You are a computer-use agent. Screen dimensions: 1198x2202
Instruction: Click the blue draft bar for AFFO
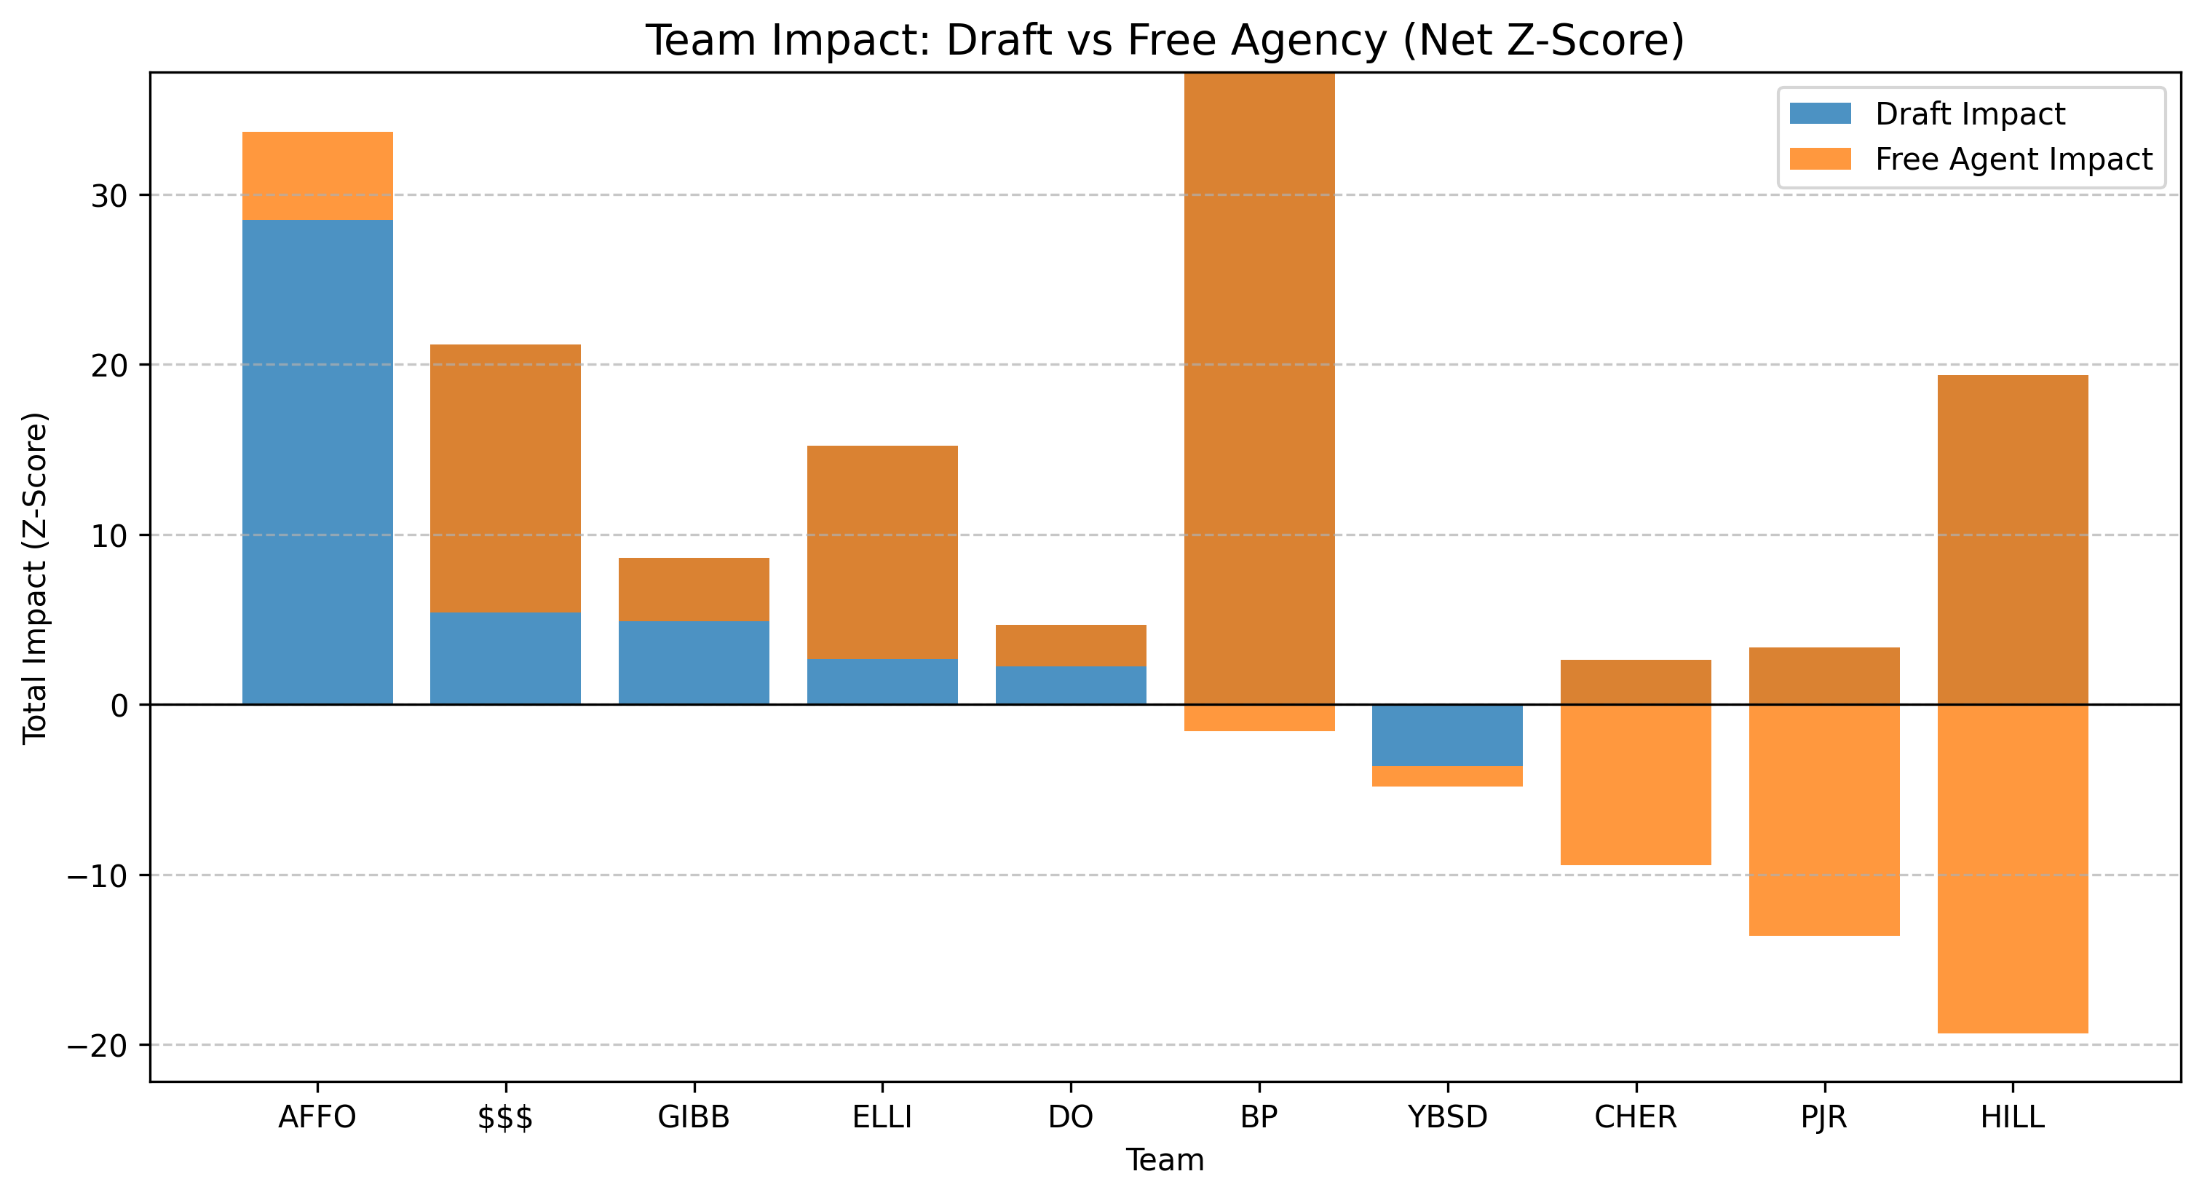pos(317,462)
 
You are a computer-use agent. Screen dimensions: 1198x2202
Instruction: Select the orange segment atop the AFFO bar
pos(317,176)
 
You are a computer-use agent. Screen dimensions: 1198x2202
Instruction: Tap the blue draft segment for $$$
pos(505,658)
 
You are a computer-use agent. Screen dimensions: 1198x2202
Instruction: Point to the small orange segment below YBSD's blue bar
pos(1447,776)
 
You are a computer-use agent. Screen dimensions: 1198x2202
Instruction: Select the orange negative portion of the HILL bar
pos(2012,868)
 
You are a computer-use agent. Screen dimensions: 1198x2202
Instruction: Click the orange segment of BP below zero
pos(1259,718)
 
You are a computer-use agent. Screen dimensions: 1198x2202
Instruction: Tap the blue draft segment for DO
pos(1070,686)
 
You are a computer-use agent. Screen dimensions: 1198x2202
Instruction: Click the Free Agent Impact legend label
pos(2013,159)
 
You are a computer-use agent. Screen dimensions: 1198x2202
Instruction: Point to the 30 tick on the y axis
pos(109,196)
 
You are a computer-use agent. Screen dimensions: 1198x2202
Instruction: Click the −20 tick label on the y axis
pos(98,1046)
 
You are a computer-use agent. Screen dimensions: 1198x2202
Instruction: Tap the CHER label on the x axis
pos(1635,1116)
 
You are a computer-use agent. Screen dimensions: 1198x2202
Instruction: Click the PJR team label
pos(1823,1116)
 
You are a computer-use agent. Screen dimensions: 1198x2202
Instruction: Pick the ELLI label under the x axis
pos(882,1116)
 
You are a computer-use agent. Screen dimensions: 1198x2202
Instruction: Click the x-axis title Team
pos(1164,1160)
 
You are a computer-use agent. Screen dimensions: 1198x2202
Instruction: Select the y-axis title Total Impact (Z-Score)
pos(35,578)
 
